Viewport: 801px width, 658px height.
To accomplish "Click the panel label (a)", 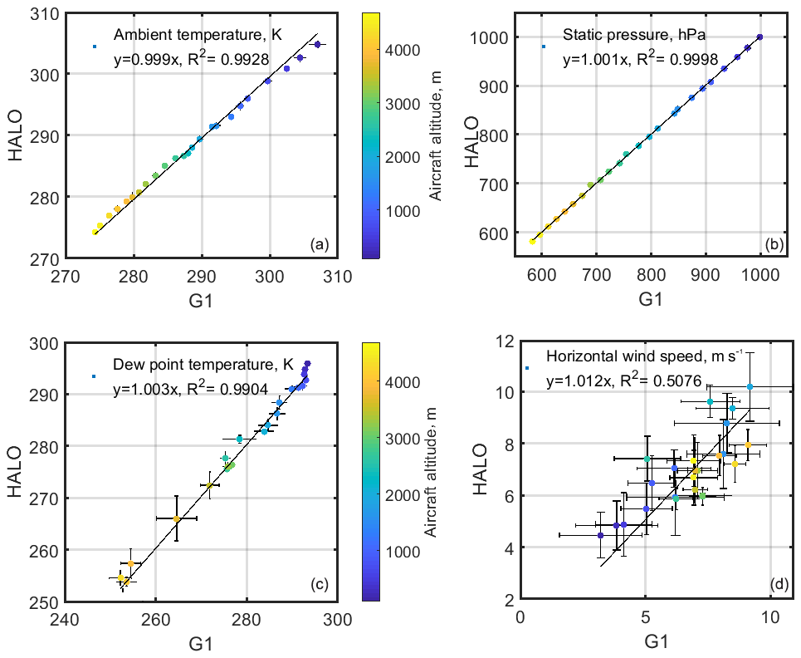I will pos(320,244).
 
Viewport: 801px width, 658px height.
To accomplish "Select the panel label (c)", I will pos(320,585).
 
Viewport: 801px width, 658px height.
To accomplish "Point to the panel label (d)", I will pos(779,585).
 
